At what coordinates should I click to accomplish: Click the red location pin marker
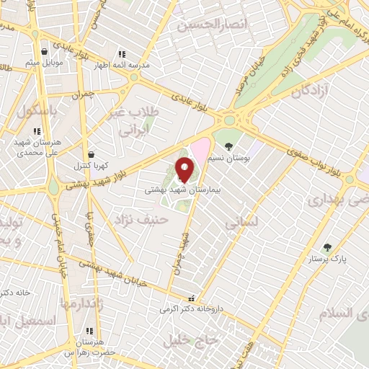pos(185,170)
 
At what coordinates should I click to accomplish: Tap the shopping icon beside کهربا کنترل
pos(91,154)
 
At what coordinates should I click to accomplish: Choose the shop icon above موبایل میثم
pos(45,52)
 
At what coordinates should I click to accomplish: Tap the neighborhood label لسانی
pos(239,224)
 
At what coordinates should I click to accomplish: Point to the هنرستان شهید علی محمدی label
pos(32,148)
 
